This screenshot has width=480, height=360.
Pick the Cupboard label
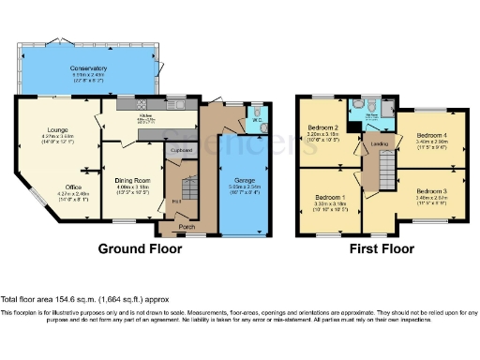point(179,149)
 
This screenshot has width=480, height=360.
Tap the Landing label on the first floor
point(379,143)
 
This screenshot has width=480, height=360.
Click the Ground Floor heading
point(140,250)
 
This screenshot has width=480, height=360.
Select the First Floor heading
point(382,250)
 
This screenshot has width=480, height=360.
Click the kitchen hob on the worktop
point(173,102)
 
